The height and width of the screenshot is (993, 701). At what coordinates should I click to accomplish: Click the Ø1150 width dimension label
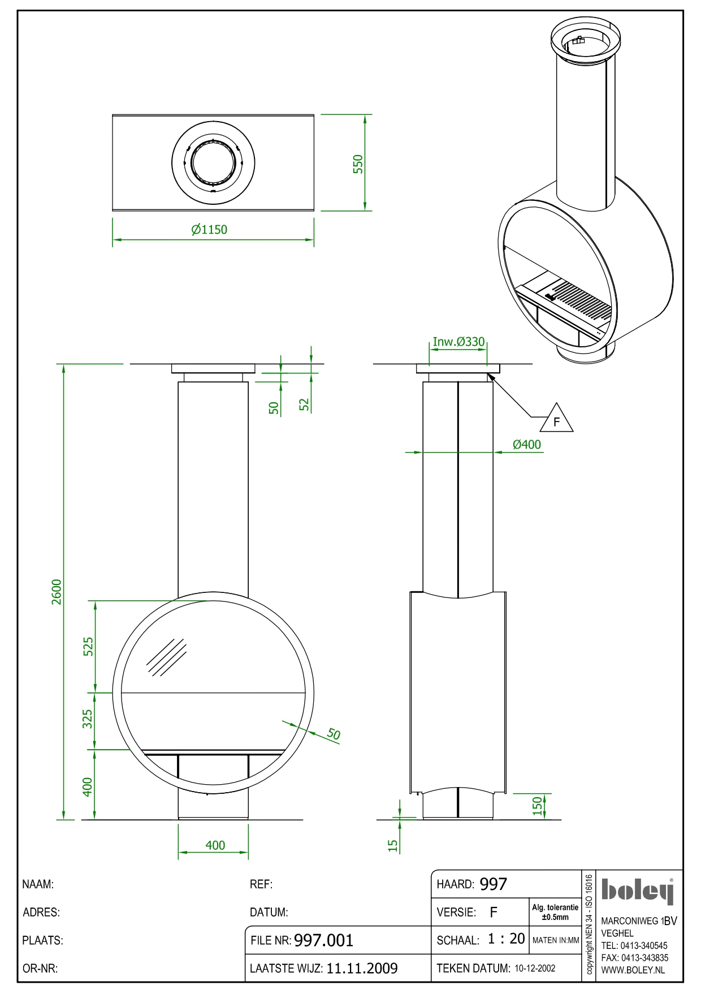pyautogui.click(x=209, y=230)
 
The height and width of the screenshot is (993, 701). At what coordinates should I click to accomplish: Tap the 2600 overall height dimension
pyautogui.click(x=57, y=591)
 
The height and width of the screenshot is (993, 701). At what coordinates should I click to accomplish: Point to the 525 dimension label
pyautogui.click(x=88, y=646)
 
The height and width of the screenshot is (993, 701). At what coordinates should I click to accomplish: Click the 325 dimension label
pyautogui.click(x=88, y=719)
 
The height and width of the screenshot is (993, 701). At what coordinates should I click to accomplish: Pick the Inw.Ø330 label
pyautogui.click(x=458, y=342)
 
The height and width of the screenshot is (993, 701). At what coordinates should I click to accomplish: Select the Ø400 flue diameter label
pyautogui.click(x=526, y=445)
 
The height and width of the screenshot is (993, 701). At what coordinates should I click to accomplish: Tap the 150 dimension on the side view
pyautogui.click(x=538, y=805)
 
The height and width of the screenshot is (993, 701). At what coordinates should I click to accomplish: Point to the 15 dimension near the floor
pyautogui.click(x=393, y=845)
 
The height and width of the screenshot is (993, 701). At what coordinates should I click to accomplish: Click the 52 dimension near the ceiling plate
pyautogui.click(x=305, y=404)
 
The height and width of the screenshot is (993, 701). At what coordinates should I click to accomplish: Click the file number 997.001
pyautogui.click(x=323, y=940)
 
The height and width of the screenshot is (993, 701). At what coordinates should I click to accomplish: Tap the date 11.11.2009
pyautogui.click(x=362, y=969)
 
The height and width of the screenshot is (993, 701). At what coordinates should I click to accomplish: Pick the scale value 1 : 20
pyautogui.click(x=507, y=939)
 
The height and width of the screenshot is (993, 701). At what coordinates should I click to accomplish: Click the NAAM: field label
pyautogui.click(x=38, y=884)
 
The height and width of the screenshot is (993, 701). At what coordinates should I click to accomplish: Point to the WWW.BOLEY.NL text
pyautogui.click(x=633, y=970)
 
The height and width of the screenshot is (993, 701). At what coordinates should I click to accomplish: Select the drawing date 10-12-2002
pyautogui.click(x=535, y=969)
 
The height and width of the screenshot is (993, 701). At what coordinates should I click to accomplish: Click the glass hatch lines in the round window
pyautogui.click(x=166, y=657)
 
